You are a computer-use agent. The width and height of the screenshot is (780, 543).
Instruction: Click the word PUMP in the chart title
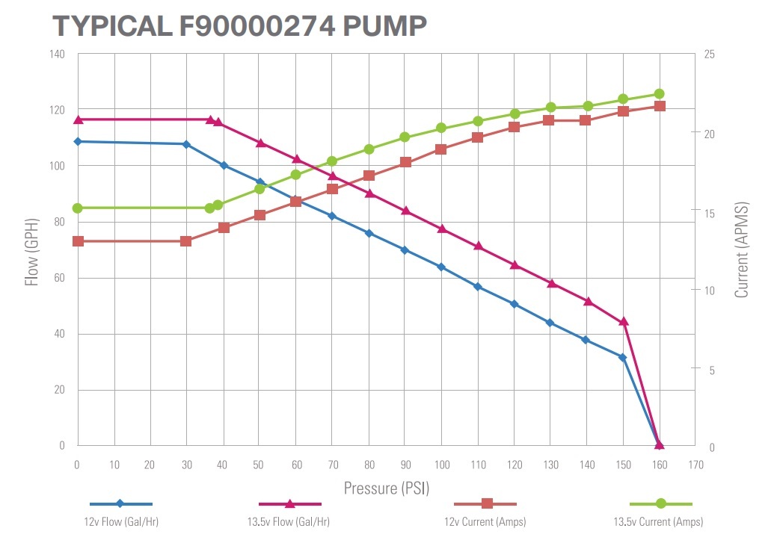tap(384, 26)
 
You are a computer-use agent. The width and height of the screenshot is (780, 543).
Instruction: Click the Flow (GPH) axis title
tap(32, 252)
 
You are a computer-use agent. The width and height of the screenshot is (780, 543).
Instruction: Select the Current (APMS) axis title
tap(741, 249)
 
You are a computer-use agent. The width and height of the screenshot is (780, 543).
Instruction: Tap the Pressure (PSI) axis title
tap(387, 488)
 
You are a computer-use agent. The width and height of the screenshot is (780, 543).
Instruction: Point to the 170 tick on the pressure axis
tap(696, 465)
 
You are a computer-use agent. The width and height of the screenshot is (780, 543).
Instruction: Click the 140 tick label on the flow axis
tap(57, 55)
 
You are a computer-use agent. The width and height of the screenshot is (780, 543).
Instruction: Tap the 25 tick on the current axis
tap(710, 55)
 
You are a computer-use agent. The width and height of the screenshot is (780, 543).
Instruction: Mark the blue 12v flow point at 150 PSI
tap(622, 358)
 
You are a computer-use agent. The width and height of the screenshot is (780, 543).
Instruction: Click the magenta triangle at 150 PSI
tap(623, 321)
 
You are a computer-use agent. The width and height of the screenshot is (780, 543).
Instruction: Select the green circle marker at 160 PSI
tap(659, 94)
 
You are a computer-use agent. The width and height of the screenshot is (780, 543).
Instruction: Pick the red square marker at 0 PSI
tap(78, 241)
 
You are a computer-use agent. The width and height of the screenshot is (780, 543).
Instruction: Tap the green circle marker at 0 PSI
tap(77, 208)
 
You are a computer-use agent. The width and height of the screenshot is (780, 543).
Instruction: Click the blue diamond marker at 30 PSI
tap(186, 145)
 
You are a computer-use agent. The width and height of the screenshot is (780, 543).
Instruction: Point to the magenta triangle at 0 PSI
tap(78, 120)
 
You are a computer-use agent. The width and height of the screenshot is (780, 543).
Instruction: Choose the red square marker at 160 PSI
tap(660, 106)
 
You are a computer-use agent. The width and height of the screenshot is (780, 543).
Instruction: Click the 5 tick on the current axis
tap(712, 370)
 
